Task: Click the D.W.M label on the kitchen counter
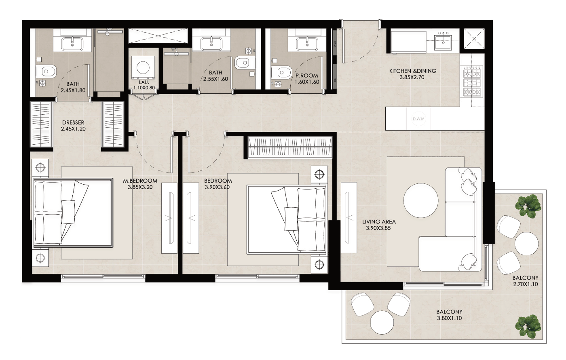418,119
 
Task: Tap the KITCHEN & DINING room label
412,71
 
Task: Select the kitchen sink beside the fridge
443,42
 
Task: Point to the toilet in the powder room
281,72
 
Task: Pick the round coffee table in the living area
421,200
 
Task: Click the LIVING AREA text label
379,222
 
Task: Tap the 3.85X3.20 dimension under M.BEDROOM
140,187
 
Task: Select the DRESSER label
73,122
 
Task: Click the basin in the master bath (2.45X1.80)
72,44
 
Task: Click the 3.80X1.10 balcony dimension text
449,318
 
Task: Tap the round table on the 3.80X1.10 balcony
382,322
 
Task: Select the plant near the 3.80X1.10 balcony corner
528,326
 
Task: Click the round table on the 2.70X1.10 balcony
526,243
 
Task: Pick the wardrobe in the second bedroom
289,147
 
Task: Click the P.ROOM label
306,76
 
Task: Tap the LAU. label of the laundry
144,82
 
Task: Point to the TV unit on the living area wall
348,217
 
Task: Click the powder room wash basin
307,44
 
